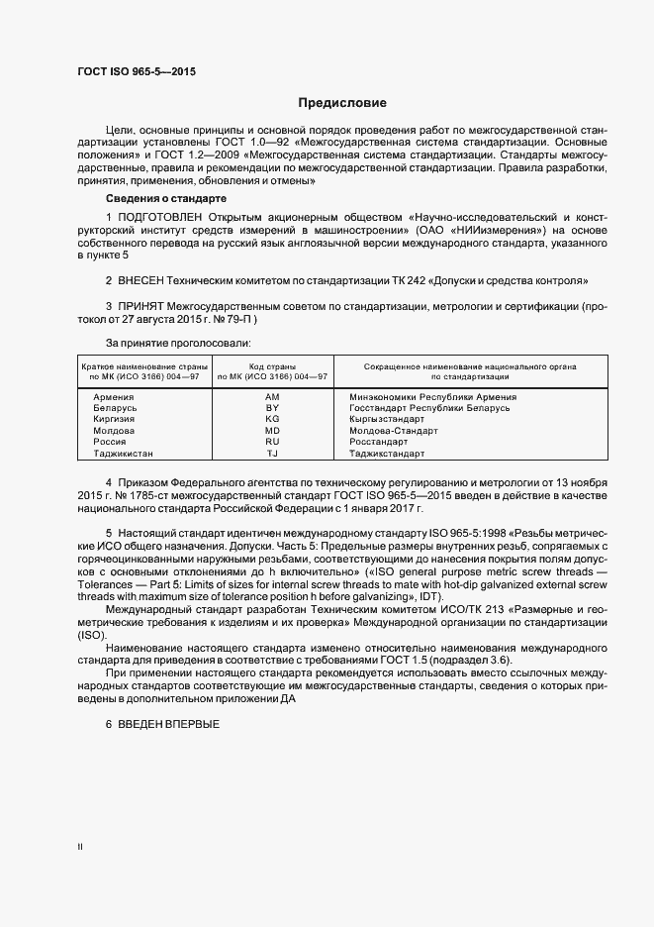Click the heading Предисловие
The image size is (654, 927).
[343, 103]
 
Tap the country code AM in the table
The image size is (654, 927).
[273, 397]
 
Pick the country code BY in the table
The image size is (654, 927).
[273, 408]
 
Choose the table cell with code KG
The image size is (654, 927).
[273, 420]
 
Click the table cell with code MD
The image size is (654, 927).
[273, 431]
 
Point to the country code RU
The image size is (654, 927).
[273, 442]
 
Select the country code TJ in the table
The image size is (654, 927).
[273, 454]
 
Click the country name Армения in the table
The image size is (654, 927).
[112, 397]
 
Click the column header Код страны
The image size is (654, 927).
[273, 366]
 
